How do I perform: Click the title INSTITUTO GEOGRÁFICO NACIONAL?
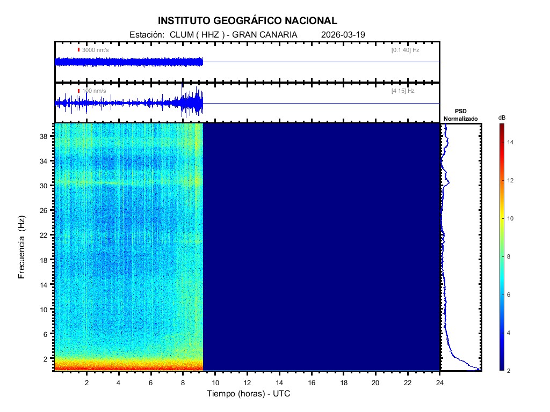(x=248, y=21)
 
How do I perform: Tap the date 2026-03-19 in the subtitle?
(x=343, y=34)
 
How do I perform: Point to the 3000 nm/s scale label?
(x=95, y=50)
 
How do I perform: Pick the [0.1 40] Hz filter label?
(x=405, y=50)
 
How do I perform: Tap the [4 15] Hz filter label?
(x=403, y=91)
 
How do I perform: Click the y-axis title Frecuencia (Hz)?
(x=21, y=247)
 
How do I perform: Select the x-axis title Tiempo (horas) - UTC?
(x=249, y=394)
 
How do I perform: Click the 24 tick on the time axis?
(x=440, y=382)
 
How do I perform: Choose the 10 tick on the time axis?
(x=215, y=382)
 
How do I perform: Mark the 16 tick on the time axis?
(x=312, y=382)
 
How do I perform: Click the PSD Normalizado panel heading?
(x=460, y=115)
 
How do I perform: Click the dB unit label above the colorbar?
(x=501, y=117)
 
